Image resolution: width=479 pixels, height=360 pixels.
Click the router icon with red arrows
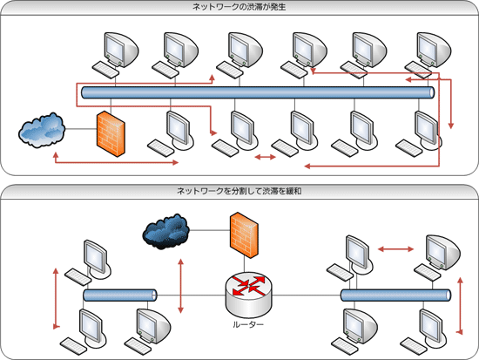tap(248, 295)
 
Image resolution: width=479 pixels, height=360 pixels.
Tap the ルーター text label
tap(248, 324)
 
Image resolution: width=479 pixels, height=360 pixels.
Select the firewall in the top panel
tap(111, 134)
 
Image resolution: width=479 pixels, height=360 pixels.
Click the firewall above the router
tap(244, 235)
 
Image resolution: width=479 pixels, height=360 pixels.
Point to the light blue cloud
tap(42, 130)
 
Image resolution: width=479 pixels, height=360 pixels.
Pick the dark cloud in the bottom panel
tap(166, 232)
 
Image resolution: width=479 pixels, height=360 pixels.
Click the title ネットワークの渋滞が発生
tap(239, 7)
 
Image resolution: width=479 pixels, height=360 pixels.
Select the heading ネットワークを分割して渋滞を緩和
tap(239, 191)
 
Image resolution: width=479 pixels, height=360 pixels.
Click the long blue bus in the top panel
tap(258, 92)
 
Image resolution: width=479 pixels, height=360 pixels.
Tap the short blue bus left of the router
tap(120, 295)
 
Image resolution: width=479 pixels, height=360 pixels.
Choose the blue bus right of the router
tap(395, 295)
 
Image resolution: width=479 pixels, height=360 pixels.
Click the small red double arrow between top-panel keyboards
tap(265, 157)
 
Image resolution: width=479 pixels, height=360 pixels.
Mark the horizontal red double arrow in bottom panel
tap(396, 249)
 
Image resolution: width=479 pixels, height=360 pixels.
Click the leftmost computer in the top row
tap(116, 54)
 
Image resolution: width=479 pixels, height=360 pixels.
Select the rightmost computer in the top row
tap(428, 54)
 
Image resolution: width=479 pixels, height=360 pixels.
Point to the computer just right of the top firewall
tap(171, 134)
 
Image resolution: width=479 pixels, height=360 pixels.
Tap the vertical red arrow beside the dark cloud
tap(181, 286)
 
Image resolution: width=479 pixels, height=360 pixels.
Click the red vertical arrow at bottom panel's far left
tap(56, 298)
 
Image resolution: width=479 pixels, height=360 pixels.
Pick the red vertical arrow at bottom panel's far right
tap(460, 306)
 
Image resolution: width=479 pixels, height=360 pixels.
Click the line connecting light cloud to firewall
tap(81, 129)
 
